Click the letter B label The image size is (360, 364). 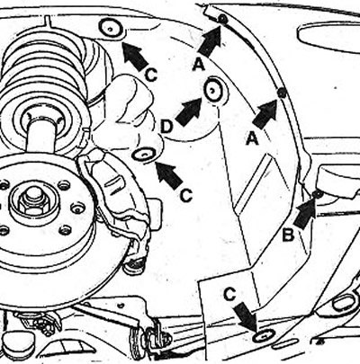(x=288, y=235)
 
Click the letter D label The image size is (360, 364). (x=166, y=127)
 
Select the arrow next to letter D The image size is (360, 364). (x=188, y=111)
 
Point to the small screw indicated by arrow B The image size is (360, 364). (x=318, y=194)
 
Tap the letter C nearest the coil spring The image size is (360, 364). (x=151, y=75)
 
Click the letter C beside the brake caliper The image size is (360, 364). (x=186, y=196)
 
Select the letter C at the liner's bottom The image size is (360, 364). (x=229, y=295)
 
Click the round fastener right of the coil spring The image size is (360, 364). (x=111, y=29)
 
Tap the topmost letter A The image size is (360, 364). (x=199, y=65)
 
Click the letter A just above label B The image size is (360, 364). (x=252, y=139)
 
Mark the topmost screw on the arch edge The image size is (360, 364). (x=223, y=20)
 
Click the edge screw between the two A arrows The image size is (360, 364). (x=281, y=93)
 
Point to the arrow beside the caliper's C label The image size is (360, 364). (x=168, y=176)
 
